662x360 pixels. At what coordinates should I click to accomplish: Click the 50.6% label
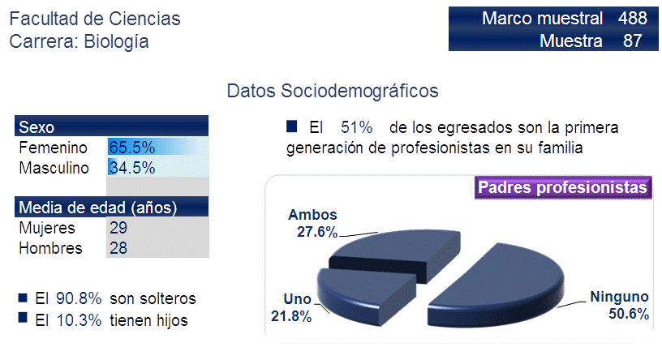[628, 314]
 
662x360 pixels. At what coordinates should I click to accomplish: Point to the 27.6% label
[317, 232]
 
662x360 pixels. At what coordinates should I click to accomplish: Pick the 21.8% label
[291, 316]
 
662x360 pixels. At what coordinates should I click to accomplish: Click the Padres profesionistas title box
[563, 187]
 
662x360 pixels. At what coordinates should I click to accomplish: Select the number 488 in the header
[633, 18]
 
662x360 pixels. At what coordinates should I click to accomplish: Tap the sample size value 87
[633, 41]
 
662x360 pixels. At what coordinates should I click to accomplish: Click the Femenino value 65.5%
[131, 148]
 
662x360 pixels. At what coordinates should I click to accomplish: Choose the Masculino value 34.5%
[131, 168]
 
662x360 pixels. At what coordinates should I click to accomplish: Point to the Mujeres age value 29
[118, 228]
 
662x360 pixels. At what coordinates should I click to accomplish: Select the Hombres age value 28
[118, 248]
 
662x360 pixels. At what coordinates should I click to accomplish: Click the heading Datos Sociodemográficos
[333, 91]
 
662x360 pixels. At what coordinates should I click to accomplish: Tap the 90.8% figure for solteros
[79, 298]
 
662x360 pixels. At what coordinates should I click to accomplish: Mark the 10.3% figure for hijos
[79, 320]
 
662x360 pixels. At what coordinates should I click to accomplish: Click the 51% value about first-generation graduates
[357, 127]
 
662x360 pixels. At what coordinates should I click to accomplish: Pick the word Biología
[116, 42]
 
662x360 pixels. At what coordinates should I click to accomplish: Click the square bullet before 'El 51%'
[291, 126]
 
